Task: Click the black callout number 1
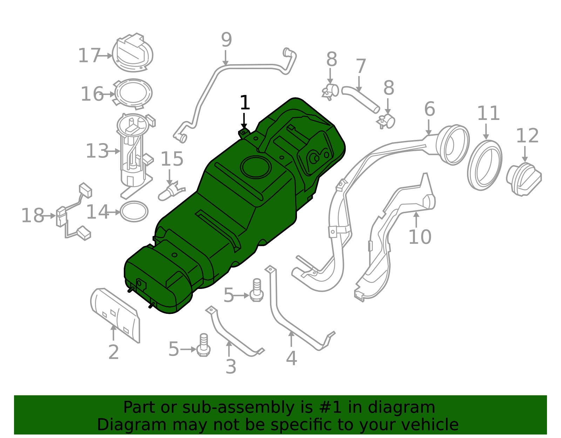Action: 245,103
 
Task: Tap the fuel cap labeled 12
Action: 523,179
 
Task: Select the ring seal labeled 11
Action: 485,165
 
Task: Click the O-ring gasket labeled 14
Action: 134,211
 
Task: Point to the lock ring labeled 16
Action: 133,93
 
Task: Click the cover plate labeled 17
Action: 133,53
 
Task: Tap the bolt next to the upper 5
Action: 257,291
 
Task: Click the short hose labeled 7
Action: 360,100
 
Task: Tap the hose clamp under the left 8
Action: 330,91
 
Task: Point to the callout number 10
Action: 420,237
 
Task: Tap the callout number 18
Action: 33,215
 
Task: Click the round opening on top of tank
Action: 256,167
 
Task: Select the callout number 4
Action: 291,358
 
